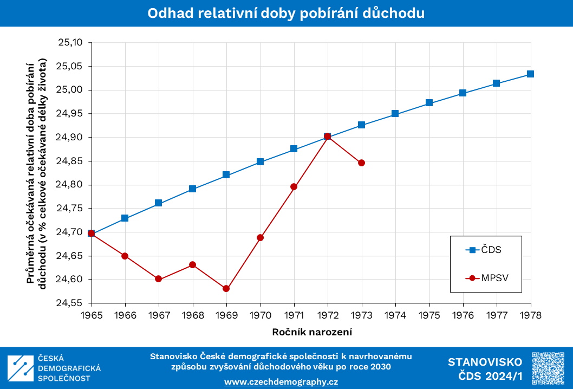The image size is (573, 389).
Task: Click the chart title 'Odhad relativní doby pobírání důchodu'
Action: coord(286,14)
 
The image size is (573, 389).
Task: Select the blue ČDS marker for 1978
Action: coord(530,74)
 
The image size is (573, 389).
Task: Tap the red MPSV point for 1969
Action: coord(226,289)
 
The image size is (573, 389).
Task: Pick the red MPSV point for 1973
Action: coord(361,163)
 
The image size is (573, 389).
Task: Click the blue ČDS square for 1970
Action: coord(260,161)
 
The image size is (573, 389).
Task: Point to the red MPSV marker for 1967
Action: coord(159,279)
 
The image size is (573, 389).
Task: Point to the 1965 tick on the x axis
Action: coord(92,314)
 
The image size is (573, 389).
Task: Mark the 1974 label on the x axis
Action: coord(395,314)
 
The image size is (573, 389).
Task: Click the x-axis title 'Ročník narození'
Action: coord(310,330)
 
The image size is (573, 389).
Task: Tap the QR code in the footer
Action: coord(549,368)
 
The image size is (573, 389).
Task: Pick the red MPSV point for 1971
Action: coord(294,187)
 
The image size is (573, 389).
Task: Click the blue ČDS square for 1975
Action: coord(429,103)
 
